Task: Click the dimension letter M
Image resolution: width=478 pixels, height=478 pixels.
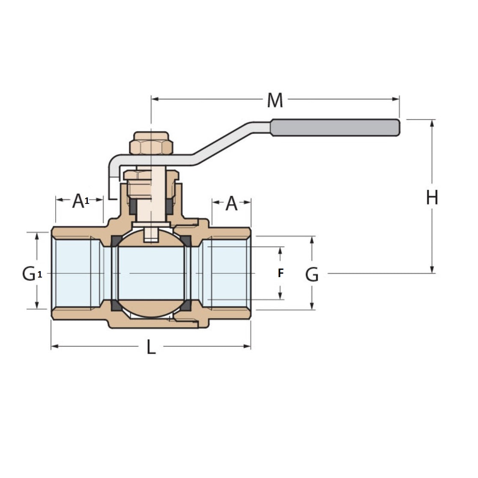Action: point(275,100)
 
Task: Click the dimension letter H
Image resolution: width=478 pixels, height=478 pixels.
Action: point(432,198)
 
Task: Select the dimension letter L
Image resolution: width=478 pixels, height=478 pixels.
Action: point(151,347)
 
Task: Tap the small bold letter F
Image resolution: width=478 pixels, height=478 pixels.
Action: point(281,273)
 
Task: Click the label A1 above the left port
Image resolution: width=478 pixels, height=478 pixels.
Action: point(80,200)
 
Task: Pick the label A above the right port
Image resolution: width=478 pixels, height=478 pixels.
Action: point(231,204)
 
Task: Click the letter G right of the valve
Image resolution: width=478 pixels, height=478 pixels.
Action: point(312,275)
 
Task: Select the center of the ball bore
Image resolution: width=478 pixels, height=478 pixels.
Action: point(151,273)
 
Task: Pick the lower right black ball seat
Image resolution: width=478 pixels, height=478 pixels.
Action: point(186,306)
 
